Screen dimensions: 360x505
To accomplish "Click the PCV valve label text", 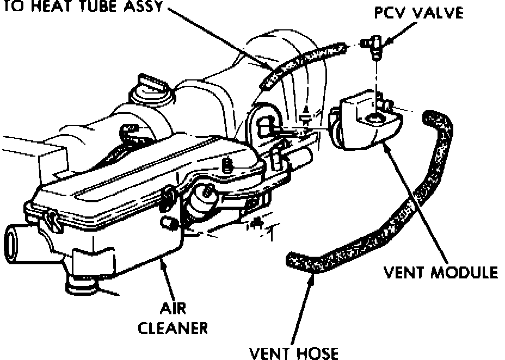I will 418,13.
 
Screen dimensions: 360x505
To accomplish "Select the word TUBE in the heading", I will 101,8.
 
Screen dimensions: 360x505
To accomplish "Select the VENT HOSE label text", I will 293,353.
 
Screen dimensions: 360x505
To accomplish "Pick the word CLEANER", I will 173,328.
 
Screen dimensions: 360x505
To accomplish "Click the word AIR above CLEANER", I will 173,309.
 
